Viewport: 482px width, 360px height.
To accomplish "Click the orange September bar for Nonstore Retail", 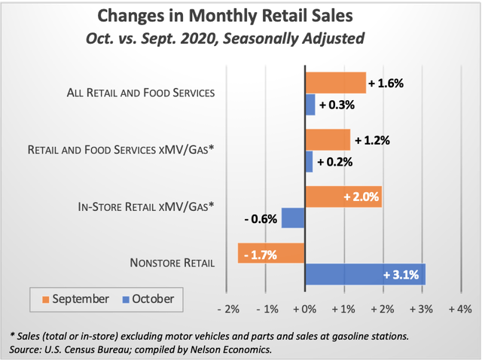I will (x=270, y=254).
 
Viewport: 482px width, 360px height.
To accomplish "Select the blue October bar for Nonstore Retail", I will (x=365, y=274).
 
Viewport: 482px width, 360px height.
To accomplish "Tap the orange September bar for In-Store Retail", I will (x=343, y=197).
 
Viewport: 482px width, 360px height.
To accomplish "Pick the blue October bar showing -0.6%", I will (x=292, y=218).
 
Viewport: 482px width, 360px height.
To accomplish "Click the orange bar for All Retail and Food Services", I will (x=335, y=83).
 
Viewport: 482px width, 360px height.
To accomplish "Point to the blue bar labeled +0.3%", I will (x=310, y=105).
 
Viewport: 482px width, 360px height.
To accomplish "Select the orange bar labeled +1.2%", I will (x=328, y=140).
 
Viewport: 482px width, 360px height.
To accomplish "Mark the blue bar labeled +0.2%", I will (x=308, y=161).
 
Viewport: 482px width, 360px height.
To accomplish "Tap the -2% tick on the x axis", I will (x=227, y=310).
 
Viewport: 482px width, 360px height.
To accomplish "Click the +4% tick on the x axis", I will (x=459, y=310).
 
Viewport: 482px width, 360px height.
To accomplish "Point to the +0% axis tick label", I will (x=304, y=310).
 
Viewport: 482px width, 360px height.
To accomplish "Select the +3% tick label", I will (x=421, y=310).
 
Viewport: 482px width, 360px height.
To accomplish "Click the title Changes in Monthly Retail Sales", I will (x=240, y=16).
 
